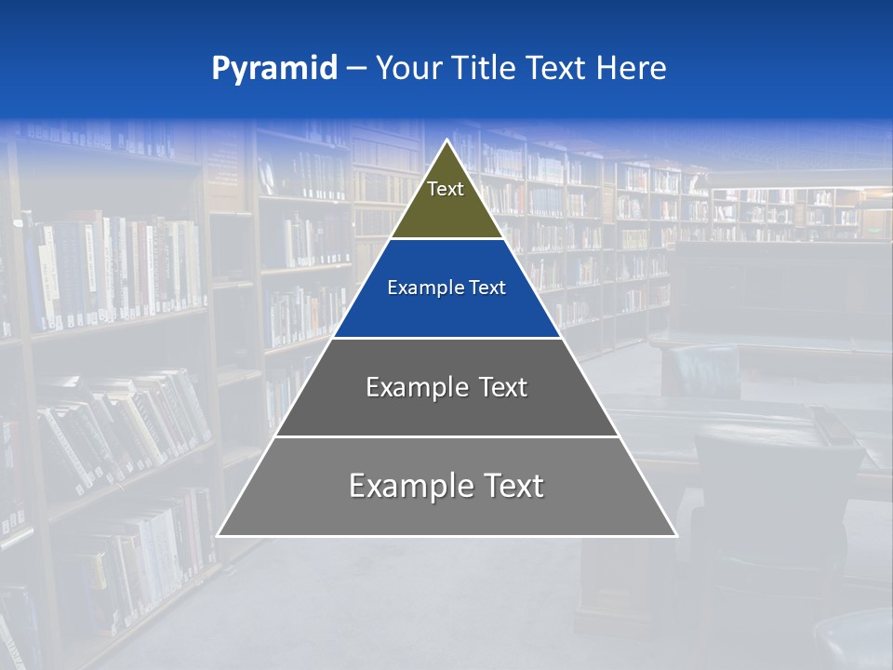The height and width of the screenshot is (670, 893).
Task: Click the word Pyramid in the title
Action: (x=274, y=69)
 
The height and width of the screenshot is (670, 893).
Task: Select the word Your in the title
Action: (x=410, y=68)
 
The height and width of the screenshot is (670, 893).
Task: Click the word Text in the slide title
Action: (x=557, y=68)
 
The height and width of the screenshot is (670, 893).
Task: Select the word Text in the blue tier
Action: (x=486, y=288)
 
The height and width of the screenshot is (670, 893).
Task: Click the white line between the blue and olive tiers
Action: (x=446, y=239)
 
